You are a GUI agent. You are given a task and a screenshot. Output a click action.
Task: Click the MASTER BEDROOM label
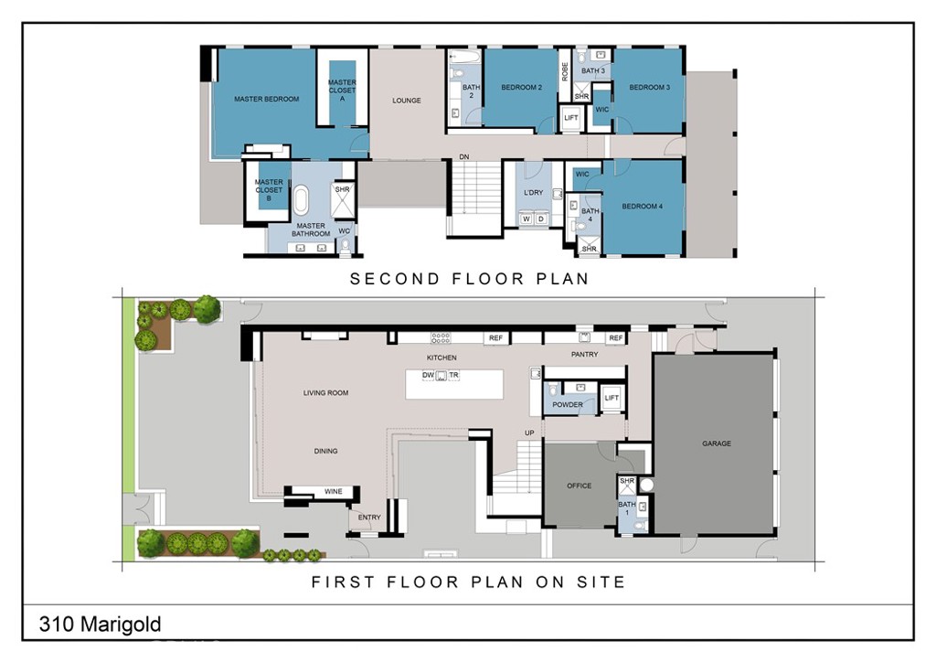pos(266,99)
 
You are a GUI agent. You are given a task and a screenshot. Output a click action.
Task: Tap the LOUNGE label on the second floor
pos(407,101)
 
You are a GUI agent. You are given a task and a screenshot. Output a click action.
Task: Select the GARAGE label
pos(717,443)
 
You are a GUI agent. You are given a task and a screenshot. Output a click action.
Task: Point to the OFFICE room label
pos(579,486)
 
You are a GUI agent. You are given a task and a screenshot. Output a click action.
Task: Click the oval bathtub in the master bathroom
pos(301,198)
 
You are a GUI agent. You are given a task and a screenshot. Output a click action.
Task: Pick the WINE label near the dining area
pos(334,492)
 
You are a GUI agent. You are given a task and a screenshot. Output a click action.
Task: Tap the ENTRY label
pos(369,518)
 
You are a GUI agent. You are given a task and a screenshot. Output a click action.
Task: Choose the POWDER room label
pos(568,404)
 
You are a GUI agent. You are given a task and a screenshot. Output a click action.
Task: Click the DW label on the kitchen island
pos(428,375)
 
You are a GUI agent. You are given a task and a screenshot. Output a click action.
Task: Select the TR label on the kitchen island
pos(453,375)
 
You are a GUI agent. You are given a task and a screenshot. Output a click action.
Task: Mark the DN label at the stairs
pos(464,158)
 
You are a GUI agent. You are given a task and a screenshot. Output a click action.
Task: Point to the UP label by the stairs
pos(528,432)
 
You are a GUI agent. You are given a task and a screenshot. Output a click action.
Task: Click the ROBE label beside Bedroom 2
pos(565,70)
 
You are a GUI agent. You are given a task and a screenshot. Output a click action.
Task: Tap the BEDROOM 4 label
pos(642,207)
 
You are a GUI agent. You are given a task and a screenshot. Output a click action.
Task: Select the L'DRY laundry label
pos(533,192)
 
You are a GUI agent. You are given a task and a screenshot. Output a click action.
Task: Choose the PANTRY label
pos(584,355)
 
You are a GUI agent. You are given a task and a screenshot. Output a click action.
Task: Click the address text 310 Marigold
pos(100,625)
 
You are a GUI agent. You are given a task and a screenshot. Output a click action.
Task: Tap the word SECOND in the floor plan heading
pos(394,279)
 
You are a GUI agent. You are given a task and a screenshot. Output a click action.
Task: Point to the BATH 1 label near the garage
pos(626,508)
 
